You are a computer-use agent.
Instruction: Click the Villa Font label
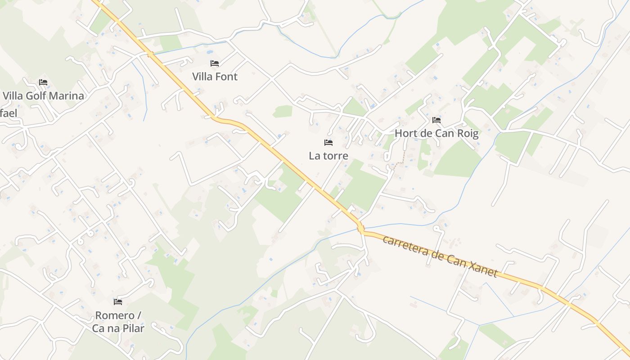[x=215, y=76]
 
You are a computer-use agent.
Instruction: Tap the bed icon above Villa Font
[x=215, y=63]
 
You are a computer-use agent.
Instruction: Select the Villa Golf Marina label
[x=43, y=95]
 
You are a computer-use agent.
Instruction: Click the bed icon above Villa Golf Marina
[x=43, y=82]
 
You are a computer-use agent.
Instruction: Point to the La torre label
[x=328, y=156]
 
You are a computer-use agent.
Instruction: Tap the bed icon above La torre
[x=328, y=143]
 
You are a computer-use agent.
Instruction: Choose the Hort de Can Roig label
[x=436, y=133]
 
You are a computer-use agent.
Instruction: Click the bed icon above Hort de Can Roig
[x=436, y=120]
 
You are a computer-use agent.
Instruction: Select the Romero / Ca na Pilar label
[x=118, y=322]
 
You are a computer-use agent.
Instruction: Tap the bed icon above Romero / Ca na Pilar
[x=118, y=301]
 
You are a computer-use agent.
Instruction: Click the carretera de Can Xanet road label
[x=440, y=256]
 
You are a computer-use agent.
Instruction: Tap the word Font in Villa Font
[x=226, y=76]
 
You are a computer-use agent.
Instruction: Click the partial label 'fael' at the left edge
[x=9, y=113]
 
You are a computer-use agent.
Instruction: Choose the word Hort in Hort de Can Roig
[x=405, y=133]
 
